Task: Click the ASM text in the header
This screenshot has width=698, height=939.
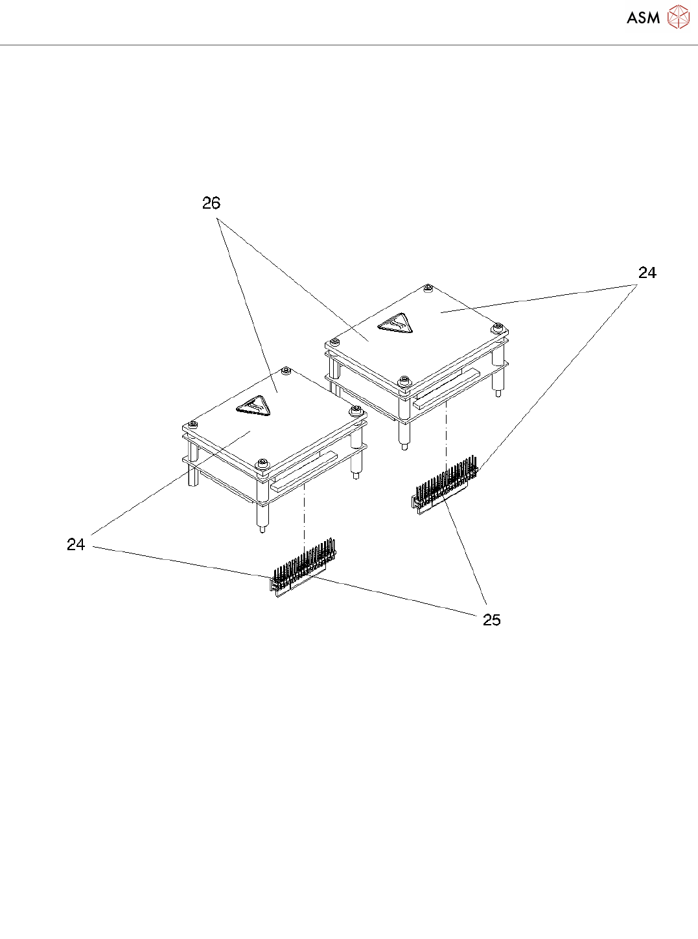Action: [643, 18]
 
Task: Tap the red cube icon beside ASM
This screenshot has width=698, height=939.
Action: [678, 17]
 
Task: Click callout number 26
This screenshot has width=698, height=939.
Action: [211, 203]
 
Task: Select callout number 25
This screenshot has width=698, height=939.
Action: [492, 620]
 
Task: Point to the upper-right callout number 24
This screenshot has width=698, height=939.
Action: [647, 273]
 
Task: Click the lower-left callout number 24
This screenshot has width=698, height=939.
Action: [76, 545]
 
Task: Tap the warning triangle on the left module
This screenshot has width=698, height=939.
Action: [253, 406]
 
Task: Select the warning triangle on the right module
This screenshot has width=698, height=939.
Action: [395, 323]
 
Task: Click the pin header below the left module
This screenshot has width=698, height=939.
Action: [303, 566]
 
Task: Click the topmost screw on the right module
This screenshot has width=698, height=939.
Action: [428, 287]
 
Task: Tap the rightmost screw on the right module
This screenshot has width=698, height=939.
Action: [498, 327]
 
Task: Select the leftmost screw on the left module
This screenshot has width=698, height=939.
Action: [192, 424]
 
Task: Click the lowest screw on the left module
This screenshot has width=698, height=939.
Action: [262, 463]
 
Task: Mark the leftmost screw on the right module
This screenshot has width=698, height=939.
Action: [334, 342]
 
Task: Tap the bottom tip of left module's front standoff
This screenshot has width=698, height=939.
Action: [262, 529]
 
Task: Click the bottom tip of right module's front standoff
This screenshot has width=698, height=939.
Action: [403, 446]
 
